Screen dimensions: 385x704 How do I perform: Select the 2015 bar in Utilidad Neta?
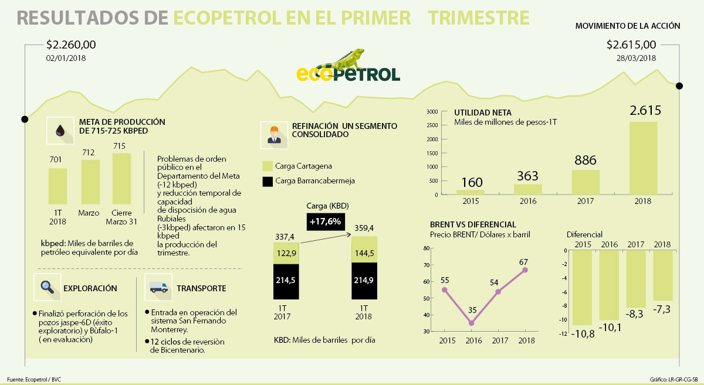(471, 191)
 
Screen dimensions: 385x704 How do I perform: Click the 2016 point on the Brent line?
(472, 323)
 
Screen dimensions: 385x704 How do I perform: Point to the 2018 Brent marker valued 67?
(525, 270)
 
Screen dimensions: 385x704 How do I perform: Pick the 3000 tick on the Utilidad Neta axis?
(432, 111)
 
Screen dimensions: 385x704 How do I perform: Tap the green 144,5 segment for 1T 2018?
(364, 249)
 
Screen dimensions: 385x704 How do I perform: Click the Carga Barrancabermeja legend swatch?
(268, 181)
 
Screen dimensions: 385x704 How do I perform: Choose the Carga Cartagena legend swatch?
(268, 166)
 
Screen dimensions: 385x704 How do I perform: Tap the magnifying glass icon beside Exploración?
(48, 288)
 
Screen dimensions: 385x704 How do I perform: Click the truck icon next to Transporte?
(158, 288)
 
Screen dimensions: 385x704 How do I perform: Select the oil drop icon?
(60, 131)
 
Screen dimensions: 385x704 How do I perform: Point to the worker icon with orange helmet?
(274, 135)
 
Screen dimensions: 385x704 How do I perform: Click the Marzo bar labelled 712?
(90, 182)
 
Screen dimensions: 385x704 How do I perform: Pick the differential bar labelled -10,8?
(583, 288)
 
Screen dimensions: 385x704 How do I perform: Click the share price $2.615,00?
(631, 45)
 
